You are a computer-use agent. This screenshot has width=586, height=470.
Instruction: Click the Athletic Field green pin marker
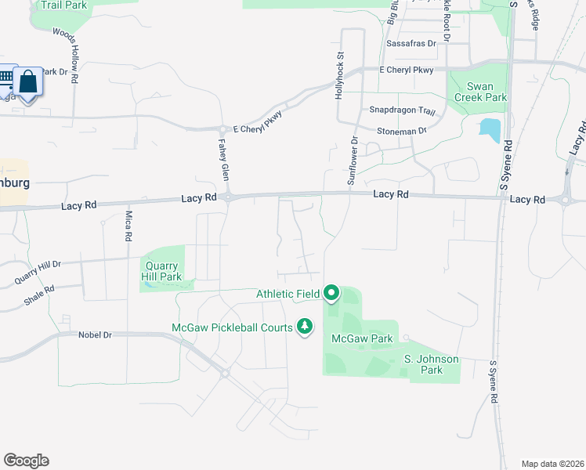(331, 294)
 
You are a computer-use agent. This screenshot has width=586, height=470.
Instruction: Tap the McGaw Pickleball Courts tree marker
(305, 326)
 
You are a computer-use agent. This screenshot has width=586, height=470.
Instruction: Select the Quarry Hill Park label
(161, 271)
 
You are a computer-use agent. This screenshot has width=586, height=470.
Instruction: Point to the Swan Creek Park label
(480, 92)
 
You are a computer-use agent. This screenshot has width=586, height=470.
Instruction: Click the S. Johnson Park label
(431, 364)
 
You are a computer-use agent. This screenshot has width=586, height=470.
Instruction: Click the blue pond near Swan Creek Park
(490, 130)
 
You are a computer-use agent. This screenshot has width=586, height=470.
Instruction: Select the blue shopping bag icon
(28, 81)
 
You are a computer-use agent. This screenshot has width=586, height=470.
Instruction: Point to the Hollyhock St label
(340, 74)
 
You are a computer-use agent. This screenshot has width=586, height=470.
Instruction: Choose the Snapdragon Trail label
(402, 111)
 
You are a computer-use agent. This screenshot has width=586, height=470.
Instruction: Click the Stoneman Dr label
(401, 131)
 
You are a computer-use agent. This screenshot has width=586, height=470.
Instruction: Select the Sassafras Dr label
(411, 44)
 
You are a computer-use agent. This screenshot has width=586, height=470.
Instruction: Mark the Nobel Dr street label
(96, 334)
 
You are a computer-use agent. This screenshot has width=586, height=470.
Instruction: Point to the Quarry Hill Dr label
(38, 271)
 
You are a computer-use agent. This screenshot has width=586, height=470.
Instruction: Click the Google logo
(26, 461)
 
